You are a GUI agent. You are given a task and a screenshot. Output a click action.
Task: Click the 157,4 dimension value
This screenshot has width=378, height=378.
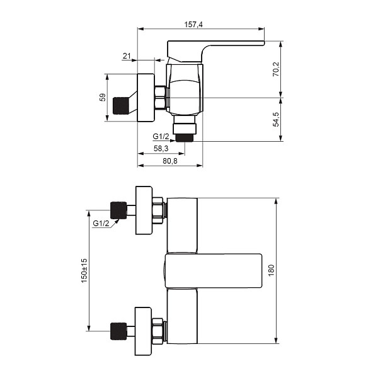193,25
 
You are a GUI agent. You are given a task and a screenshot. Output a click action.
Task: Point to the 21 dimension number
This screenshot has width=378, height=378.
127,56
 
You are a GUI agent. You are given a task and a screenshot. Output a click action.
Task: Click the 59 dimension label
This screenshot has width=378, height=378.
103,97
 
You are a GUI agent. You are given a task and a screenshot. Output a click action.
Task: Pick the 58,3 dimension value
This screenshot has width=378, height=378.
161,148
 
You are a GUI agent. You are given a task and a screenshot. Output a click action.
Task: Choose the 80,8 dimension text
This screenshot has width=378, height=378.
170,161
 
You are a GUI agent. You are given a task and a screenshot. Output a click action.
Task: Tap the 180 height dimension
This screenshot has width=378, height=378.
271,270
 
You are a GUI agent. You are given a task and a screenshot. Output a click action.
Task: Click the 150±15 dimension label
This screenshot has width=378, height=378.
84,270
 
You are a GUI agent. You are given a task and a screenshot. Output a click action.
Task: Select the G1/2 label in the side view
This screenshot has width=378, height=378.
161,137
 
